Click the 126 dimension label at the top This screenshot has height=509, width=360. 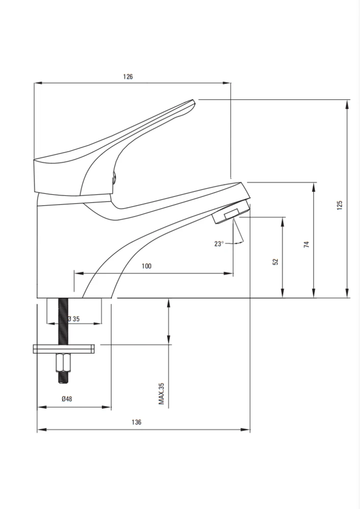[x=128, y=77]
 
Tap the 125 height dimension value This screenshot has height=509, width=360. [x=340, y=205]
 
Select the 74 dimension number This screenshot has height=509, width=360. [x=307, y=244]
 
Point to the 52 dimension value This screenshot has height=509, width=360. [x=275, y=261]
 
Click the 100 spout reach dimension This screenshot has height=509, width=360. [x=147, y=266]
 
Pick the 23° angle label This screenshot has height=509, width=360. [x=219, y=243]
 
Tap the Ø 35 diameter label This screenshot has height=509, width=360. [x=74, y=319]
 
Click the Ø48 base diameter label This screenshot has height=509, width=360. [x=67, y=399]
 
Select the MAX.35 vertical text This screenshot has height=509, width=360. [x=161, y=393]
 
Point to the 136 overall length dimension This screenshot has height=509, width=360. [x=136, y=422]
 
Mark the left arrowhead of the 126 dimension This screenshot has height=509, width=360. [x=39, y=83]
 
